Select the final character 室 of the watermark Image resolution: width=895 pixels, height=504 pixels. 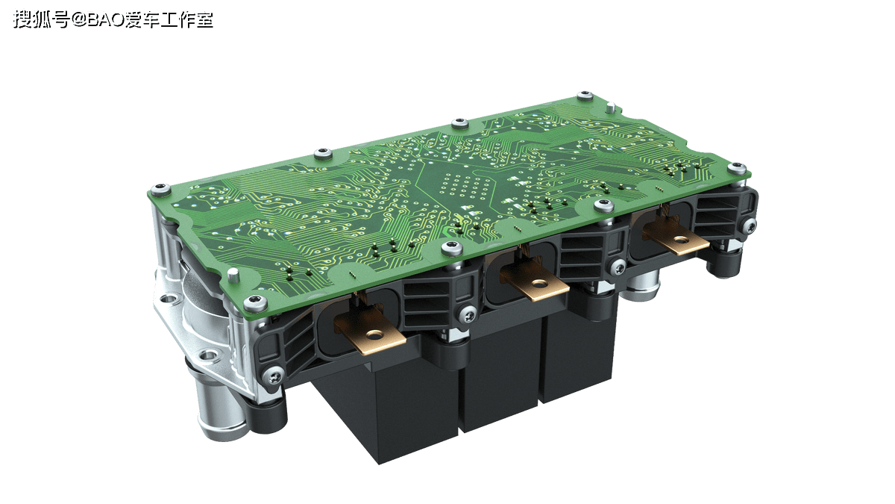click(204, 19)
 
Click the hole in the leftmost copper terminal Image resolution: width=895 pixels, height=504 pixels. click(374, 334)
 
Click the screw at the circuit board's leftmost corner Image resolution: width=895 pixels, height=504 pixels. click(160, 189)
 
